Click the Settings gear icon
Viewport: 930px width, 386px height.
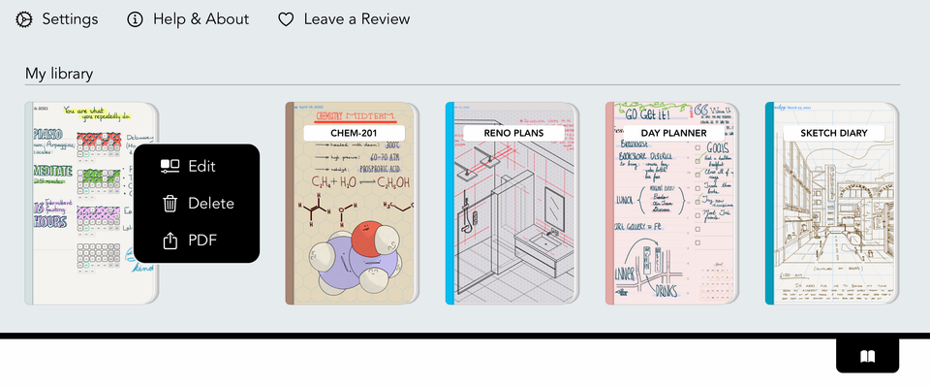click(x=24, y=19)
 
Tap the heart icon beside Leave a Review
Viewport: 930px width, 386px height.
click(x=286, y=19)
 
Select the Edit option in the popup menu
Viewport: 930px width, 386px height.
click(x=201, y=166)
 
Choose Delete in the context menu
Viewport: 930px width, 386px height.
click(x=210, y=204)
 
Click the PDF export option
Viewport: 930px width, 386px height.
click(x=201, y=241)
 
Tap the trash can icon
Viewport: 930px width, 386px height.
click(x=170, y=204)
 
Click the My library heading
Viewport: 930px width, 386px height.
click(x=58, y=74)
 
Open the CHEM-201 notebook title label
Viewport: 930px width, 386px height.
click(x=354, y=133)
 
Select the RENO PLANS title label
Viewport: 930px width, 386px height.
click(x=513, y=133)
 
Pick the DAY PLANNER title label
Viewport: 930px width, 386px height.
click(x=673, y=133)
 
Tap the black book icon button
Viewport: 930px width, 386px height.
click(x=867, y=357)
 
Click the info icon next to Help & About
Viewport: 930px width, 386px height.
click(x=136, y=19)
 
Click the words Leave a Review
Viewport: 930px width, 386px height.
click(x=356, y=19)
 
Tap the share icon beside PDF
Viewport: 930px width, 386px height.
click(x=170, y=241)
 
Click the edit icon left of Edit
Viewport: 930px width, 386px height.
click(x=170, y=166)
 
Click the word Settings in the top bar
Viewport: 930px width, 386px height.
click(x=70, y=19)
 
